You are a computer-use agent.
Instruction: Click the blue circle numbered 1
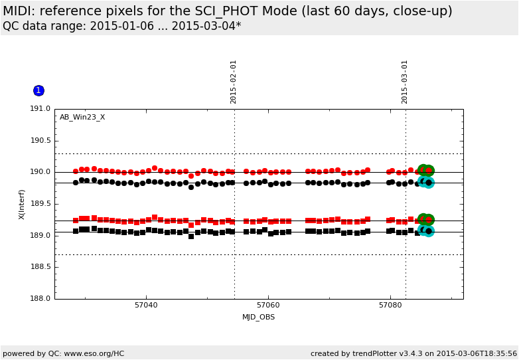click(x=38, y=90)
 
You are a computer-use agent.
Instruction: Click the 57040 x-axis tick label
click(x=146, y=306)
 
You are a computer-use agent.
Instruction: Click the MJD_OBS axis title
click(x=259, y=317)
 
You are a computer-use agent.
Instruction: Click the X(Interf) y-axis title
click(x=23, y=204)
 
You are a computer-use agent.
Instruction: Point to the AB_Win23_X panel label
click(x=82, y=118)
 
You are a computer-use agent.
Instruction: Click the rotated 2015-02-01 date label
click(x=234, y=82)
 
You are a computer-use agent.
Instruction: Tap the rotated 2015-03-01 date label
click(x=405, y=82)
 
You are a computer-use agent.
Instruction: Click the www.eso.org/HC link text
click(x=92, y=353)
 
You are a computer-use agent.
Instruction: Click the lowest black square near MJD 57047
click(x=191, y=236)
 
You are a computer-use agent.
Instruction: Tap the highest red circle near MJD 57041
click(x=155, y=169)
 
